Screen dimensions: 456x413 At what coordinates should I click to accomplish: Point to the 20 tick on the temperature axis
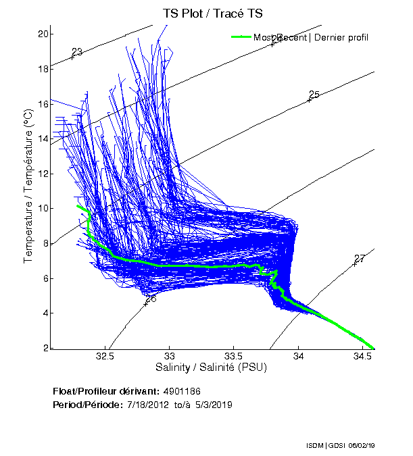[44, 34]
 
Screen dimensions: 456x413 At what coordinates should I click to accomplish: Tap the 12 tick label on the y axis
[44, 174]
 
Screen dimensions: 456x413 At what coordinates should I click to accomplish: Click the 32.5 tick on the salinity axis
[105, 355]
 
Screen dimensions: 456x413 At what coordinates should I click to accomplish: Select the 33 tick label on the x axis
[170, 355]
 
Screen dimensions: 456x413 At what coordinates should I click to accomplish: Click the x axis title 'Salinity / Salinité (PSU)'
[211, 368]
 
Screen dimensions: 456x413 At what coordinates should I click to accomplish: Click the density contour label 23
[77, 52]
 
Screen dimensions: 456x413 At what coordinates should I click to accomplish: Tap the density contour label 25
[314, 95]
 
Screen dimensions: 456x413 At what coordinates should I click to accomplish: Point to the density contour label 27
[360, 259]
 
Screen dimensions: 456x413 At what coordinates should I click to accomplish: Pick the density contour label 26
[151, 298]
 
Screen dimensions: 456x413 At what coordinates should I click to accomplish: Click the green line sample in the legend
[241, 36]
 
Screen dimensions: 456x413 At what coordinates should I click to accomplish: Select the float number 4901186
[181, 391]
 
